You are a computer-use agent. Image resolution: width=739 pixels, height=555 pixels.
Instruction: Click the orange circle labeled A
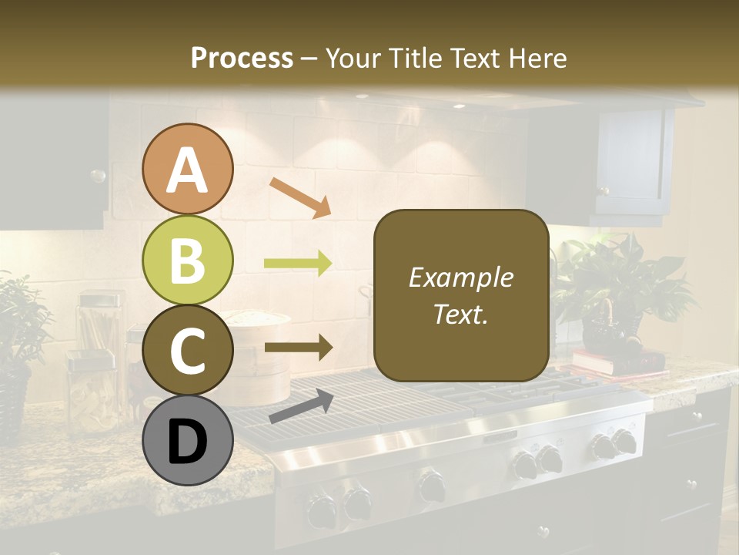tap(188, 170)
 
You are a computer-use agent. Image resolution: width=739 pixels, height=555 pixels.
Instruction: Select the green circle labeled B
tap(188, 261)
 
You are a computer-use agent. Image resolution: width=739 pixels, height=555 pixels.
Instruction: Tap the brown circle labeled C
tap(188, 351)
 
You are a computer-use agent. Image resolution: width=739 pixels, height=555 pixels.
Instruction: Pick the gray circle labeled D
tap(188, 440)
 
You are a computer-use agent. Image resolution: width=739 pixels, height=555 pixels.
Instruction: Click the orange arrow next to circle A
tap(299, 196)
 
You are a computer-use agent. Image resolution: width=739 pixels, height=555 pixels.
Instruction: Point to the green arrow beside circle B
tap(298, 264)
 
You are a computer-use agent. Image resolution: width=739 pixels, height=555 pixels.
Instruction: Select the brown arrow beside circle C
tap(298, 348)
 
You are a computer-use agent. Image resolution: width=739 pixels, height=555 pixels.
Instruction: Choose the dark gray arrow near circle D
tap(301, 405)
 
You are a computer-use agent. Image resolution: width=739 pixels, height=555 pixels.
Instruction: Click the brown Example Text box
tap(461, 296)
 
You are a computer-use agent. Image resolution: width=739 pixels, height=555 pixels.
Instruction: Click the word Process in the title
tap(242, 58)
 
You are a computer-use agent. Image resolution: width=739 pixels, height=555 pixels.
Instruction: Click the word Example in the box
tap(460, 278)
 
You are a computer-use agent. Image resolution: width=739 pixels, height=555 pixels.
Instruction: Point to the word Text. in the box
tap(460, 314)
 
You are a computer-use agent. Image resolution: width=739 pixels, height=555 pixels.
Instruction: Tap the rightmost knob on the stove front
tap(624, 442)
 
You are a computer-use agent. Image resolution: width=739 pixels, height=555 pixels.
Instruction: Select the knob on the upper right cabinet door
tap(604, 190)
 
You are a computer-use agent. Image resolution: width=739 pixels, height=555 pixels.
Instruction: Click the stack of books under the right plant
tap(616, 360)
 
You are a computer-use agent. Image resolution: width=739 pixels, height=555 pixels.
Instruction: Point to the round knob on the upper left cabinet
tap(98, 176)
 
